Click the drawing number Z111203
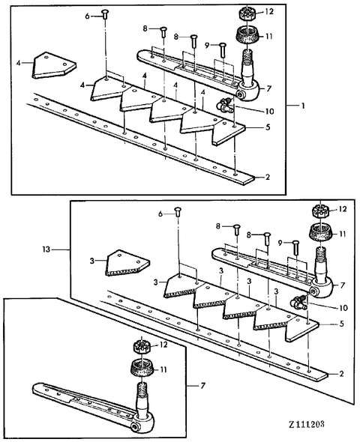(307, 424)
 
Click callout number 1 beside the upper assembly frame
(303, 106)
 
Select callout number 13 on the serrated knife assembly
(46, 249)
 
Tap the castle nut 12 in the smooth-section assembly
(248, 13)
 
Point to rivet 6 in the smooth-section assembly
(106, 13)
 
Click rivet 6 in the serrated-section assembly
(178, 212)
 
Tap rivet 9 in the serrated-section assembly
(295, 247)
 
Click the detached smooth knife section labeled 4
(54, 65)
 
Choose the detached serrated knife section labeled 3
(127, 262)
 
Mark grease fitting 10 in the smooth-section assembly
(225, 105)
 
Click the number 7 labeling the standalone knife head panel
(202, 385)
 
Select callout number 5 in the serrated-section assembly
(342, 324)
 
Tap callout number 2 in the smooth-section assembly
(268, 177)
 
